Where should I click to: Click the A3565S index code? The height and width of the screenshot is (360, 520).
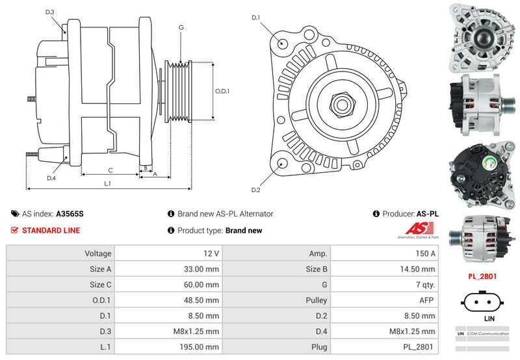coord(70,214)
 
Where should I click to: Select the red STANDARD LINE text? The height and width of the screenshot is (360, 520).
coord(51,231)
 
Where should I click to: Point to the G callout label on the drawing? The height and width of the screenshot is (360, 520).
coord(181,28)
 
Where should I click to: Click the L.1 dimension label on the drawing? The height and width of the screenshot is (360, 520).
coord(108,184)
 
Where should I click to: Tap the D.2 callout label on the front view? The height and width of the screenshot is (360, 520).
coord(255,190)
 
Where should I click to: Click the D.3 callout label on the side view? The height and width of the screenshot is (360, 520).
coord(50,12)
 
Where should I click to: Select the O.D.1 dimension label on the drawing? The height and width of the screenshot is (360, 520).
coord(222,91)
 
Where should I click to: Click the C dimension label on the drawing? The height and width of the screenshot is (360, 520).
coord(110,171)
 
